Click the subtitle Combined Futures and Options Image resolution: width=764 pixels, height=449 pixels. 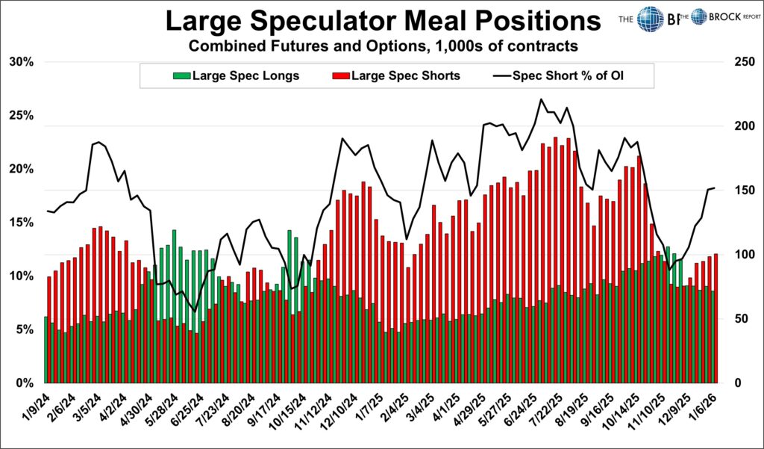(383, 46)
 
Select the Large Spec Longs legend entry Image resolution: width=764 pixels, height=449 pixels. (236, 75)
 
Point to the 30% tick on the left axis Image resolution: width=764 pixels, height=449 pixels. (21, 62)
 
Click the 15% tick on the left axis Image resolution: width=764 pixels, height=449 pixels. (21, 223)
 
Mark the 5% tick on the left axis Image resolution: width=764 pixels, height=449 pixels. (24, 329)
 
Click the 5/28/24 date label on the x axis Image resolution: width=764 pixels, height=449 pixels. (160, 409)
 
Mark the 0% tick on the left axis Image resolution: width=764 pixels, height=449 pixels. (24, 383)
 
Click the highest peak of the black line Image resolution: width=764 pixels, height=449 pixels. (539, 99)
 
